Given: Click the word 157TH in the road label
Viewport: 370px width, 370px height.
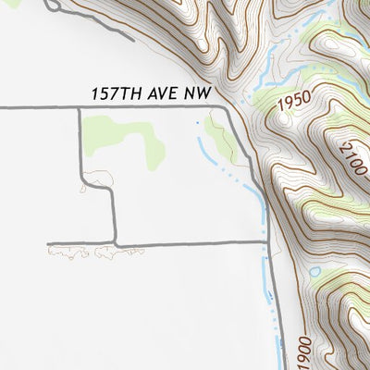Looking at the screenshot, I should tap(113, 95).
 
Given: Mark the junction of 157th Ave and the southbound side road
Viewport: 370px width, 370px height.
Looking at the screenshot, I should tap(79, 108).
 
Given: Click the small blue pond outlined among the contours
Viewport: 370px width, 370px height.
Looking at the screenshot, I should tap(315, 272).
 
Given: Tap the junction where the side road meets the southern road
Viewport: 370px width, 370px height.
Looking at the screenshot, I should tap(115, 244).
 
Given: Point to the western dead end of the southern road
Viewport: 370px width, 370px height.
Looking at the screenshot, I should tap(49, 244).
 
